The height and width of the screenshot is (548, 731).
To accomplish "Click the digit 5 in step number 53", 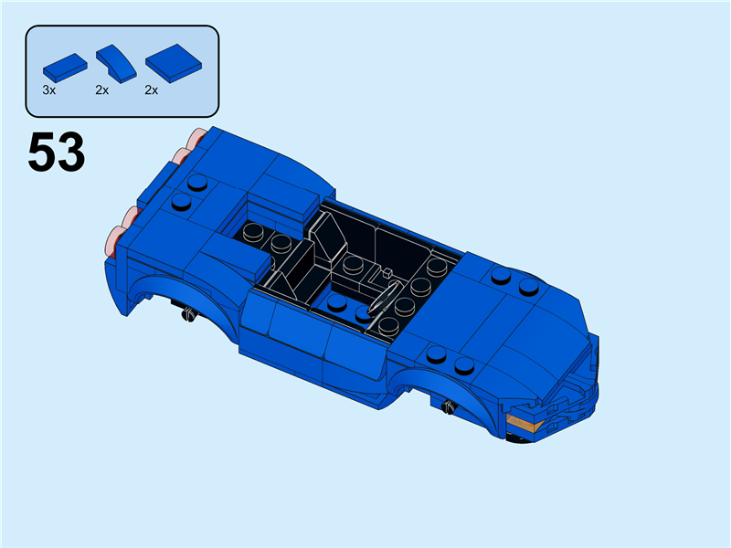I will (x=42, y=153).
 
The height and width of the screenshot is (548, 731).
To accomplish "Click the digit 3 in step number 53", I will (x=70, y=153).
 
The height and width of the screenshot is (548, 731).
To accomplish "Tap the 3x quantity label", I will (x=49, y=90).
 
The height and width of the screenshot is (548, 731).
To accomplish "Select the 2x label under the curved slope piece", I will (x=101, y=90).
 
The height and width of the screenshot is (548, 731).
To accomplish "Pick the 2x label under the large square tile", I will (x=152, y=90).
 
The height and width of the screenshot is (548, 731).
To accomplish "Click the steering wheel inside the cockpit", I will (x=384, y=300).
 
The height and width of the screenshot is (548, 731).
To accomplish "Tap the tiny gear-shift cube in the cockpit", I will (x=387, y=271).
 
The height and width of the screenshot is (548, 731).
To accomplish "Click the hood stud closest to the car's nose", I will (x=528, y=286).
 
